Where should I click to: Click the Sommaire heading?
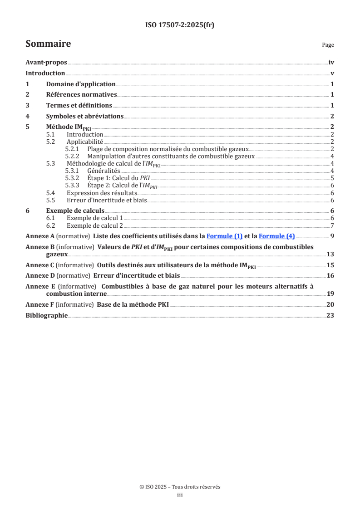(x=48, y=44)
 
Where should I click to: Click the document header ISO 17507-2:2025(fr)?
(x=180, y=25)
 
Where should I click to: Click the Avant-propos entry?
(x=46, y=63)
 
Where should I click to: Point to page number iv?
(x=331, y=63)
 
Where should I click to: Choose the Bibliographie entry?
(x=47, y=315)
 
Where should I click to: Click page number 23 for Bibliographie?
(x=330, y=315)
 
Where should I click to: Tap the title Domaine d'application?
(x=81, y=84)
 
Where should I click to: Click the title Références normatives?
(x=82, y=95)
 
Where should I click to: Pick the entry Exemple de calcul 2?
(x=95, y=225)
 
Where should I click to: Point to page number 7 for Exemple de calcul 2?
(x=332, y=225)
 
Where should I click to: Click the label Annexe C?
(x=40, y=265)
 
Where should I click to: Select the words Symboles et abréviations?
(x=85, y=116)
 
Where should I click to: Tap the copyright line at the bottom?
(x=180, y=487)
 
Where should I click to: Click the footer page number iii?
(x=180, y=495)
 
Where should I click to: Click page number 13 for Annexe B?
(x=330, y=254)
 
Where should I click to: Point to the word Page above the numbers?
(x=328, y=45)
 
